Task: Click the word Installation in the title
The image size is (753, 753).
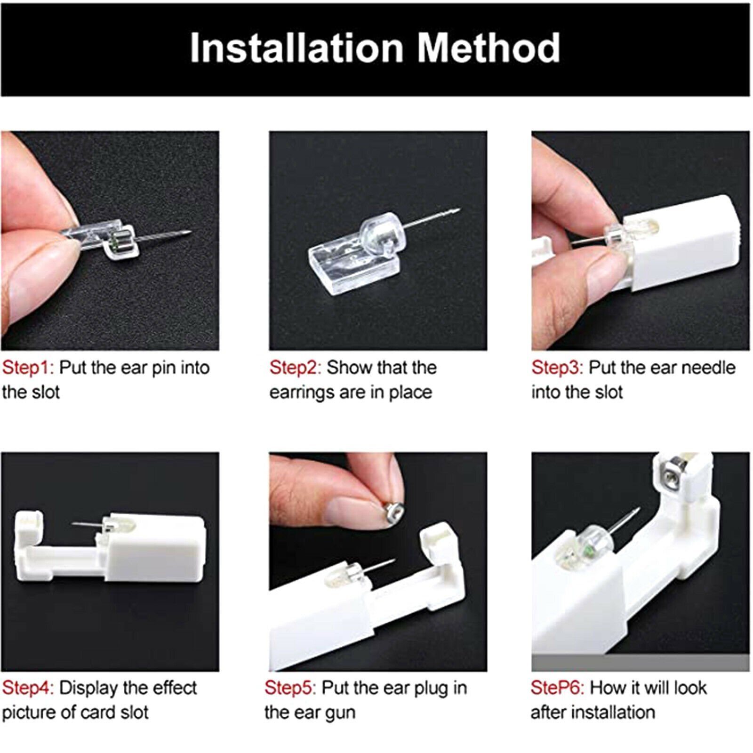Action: pos(296,48)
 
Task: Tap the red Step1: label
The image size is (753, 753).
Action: pos(28,368)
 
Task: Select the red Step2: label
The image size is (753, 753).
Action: pos(295,368)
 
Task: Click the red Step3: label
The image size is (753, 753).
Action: pos(557,368)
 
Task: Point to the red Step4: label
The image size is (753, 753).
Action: pos(28,688)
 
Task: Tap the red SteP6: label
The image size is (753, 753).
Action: pos(557,688)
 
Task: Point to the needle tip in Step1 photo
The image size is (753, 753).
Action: pos(188,232)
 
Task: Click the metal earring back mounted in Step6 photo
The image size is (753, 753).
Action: pos(672,480)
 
